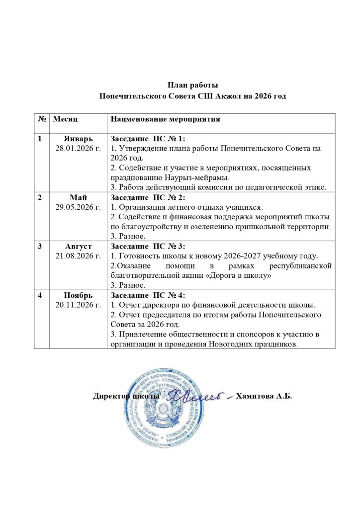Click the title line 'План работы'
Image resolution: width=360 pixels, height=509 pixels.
tap(192, 85)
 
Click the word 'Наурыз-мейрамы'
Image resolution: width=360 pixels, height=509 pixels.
tap(192, 177)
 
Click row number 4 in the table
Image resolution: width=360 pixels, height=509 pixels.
tap(39, 295)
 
